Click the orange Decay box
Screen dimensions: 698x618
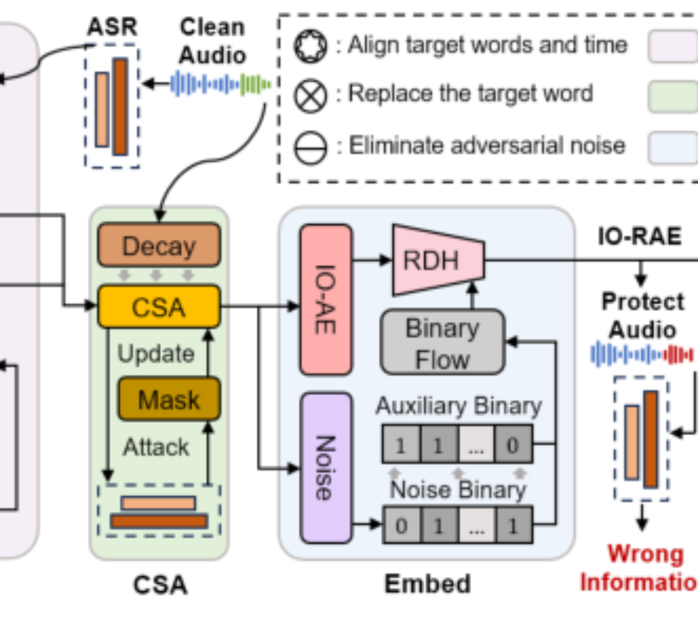point(159,245)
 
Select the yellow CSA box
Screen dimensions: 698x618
point(159,307)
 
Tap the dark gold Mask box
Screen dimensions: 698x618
point(169,399)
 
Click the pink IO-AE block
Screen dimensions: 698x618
point(326,299)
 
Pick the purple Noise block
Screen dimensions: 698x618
point(326,468)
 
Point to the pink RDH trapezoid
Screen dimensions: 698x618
point(439,260)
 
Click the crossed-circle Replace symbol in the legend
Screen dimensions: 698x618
point(310,96)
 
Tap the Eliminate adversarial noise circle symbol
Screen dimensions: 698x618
point(310,148)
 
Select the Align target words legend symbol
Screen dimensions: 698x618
point(310,46)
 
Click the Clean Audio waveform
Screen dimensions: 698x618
point(221,84)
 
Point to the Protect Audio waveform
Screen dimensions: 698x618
point(642,354)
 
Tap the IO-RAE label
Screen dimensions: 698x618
point(640,236)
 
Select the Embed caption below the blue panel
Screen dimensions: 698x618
point(427,584)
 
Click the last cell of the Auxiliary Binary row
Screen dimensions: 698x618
point(514,444)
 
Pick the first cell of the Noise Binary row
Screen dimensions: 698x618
point(402,525)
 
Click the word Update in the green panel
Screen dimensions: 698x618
point(156,354)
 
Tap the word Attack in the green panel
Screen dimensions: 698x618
point(156,447)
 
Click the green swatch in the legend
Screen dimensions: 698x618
point(673,97)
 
